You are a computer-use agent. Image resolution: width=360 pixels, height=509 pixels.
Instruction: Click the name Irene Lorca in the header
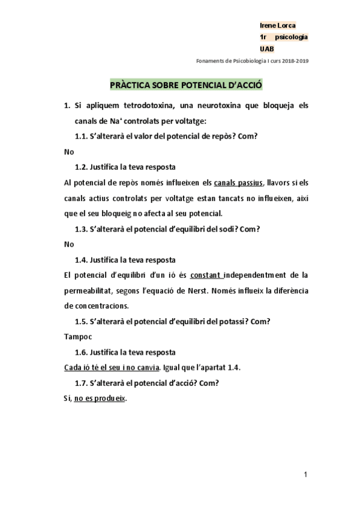pyautogui.click(x=277, y=26)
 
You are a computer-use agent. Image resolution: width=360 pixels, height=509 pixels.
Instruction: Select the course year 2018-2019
pyautogui.click(x=296, y=61)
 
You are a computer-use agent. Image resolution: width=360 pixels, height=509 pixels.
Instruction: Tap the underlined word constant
pyautogui.click(x=206, y=276)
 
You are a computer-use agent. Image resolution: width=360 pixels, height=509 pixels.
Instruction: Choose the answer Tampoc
pyautogui.click(x=76, y=337)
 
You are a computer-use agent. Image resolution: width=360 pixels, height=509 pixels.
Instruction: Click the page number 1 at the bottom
pyautogui.click(x=305, y=475)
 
